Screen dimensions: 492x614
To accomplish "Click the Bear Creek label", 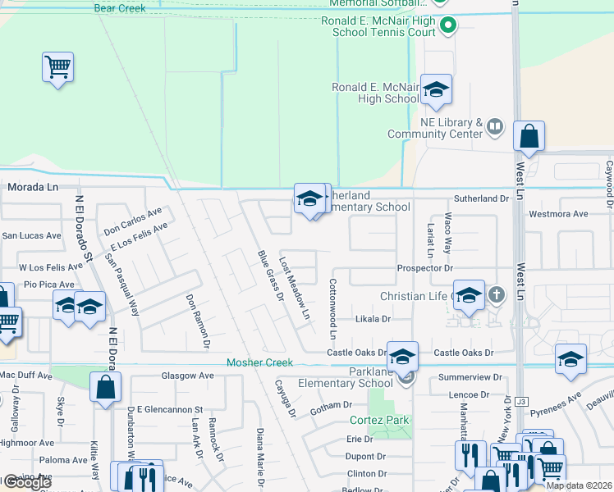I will click(x=120, y=8).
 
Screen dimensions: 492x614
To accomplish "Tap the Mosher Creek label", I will click(x=259, y=362).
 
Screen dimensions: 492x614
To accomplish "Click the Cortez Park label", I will click(x=379, y=421).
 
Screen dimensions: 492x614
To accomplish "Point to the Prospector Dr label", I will click(x=424, y=268).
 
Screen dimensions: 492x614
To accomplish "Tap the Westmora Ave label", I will click(x=559, y=214).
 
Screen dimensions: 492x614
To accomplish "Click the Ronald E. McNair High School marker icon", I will click(x=437, y=90).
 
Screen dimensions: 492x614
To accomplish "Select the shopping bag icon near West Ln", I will click(x=529, y=136).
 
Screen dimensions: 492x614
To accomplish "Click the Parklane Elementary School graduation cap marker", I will click(x=402, y=358).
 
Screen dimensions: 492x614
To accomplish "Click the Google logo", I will click(x=26, y=483).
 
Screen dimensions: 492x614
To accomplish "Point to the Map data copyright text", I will click(x=580, y=485).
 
